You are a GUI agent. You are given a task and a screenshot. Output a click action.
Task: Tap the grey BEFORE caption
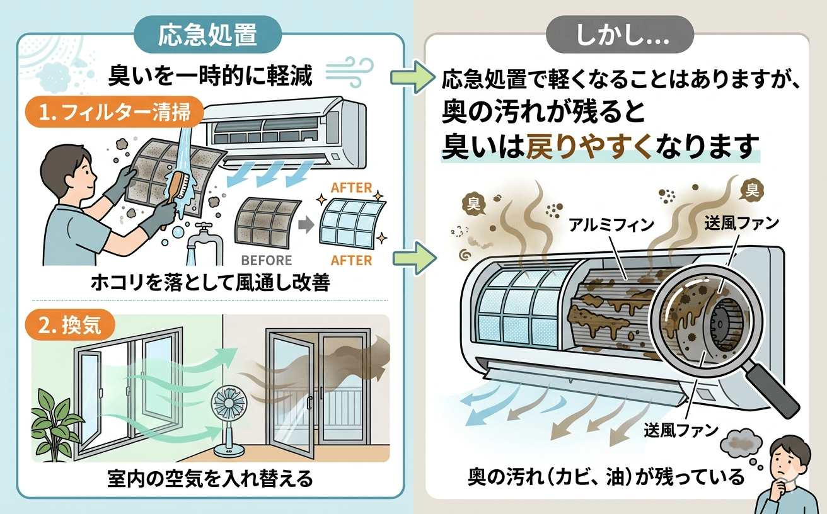267,260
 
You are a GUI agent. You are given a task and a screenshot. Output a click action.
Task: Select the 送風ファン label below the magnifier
681,431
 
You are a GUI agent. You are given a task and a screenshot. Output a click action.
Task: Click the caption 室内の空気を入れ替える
210,480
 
